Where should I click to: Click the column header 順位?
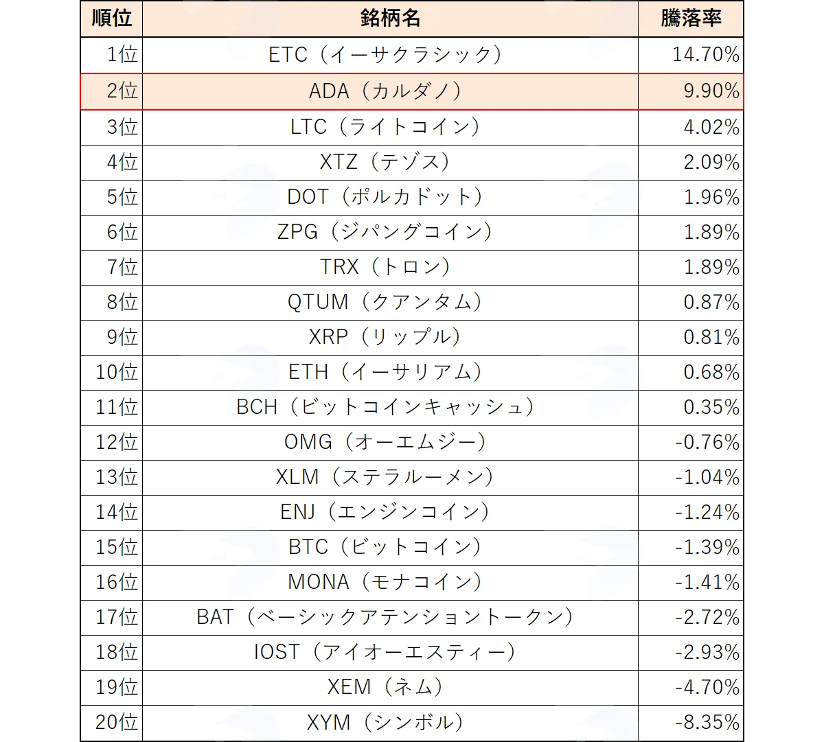(x=112, y=19)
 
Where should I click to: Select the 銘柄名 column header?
(x=390, y=19)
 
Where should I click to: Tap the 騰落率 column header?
(x=691, y=19)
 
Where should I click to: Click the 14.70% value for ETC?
(x=706, y=55)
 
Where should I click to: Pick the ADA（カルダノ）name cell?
(x=385, y=91)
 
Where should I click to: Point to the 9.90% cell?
(x=711, y=91)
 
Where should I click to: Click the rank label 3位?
(x=122, y=127)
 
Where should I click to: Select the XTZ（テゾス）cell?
(x=385, y=162)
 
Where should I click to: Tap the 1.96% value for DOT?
(x=711, y=197)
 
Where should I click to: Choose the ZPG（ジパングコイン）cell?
(x=385, y=232)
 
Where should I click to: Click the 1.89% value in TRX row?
(x=711, y=267)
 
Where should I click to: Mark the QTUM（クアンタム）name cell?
(x=385, y=302)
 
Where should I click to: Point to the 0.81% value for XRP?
(x=711, y=337)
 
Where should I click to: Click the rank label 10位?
(x=117, y=372)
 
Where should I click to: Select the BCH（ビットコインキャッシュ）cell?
(x=385, y=407)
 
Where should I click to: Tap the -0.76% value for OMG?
(x=707, y=442)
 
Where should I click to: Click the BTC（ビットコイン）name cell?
(x=385, y=547)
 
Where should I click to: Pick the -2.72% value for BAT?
(x=707, y=617)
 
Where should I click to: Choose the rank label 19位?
(x=117, y=687)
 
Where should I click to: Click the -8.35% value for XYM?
(x=707, y=722)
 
